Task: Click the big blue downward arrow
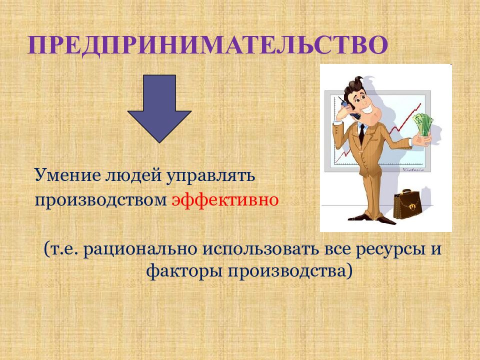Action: tap(159, 108)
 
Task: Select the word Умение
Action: tap(68, 175)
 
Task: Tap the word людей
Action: tap(133, 175)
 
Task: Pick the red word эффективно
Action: tap(225, 200)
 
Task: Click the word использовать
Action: tap(260, 248)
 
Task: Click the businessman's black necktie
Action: tap(362, 134)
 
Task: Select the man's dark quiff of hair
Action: tap(354, 85)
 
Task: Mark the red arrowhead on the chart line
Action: tap(418, 106)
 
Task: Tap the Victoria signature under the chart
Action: tap(413, 169)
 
